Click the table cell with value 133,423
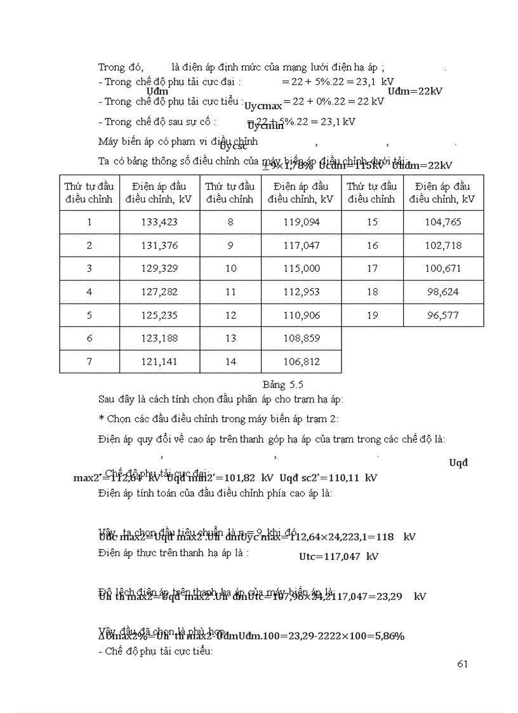point(159,222)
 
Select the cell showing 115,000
point(302,269)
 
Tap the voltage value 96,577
point(443,315)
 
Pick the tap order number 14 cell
point(230,361)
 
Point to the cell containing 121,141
point(159,361)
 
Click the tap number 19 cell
point(372,315)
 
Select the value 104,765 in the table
point(443,222)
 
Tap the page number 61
point(462,664)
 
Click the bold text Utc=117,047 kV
point(338,557)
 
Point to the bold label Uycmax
point(263,106)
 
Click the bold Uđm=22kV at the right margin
point(415,91)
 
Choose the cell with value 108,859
point(302,338)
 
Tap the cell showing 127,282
point(159,291)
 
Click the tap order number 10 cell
point(230,269)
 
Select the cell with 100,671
point(443,269)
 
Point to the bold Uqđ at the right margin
point(458,462)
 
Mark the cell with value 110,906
point(302,315)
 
